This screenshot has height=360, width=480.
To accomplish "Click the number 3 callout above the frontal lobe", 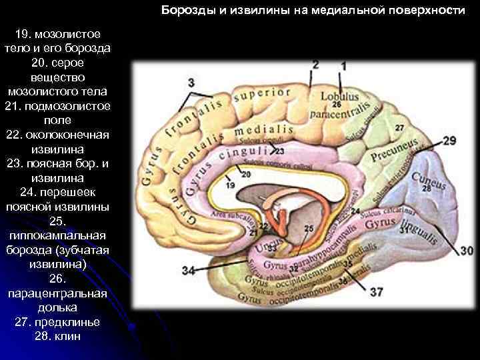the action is click(x=192, y=83).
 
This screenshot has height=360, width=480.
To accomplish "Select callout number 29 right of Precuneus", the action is click(x=449, y=141).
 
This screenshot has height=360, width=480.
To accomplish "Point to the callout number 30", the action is click(x=467, y=251).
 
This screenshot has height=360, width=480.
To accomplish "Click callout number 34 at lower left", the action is click(x=189, y=271).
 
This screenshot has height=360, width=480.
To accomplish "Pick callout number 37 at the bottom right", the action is click(x=377, y=292).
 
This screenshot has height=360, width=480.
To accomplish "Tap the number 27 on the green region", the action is click(x=399, y=127).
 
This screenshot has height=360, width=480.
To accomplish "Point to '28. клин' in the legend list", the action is click(x=57, y=336).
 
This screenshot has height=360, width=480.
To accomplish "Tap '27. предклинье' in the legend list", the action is click(x=57, y=322).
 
